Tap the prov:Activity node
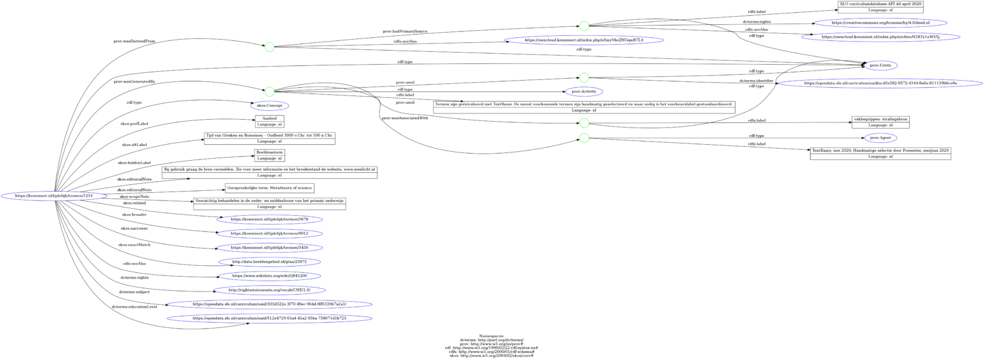[x=583, y=92]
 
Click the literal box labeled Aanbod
[x=269, y=122]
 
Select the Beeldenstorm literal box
[x=269, y=155]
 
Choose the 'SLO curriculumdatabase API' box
[x=880, y=7]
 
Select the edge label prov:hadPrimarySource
[x=405, y=31]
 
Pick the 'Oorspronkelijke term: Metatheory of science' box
[x=269, y=188]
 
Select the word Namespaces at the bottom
[x=491, y=335]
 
